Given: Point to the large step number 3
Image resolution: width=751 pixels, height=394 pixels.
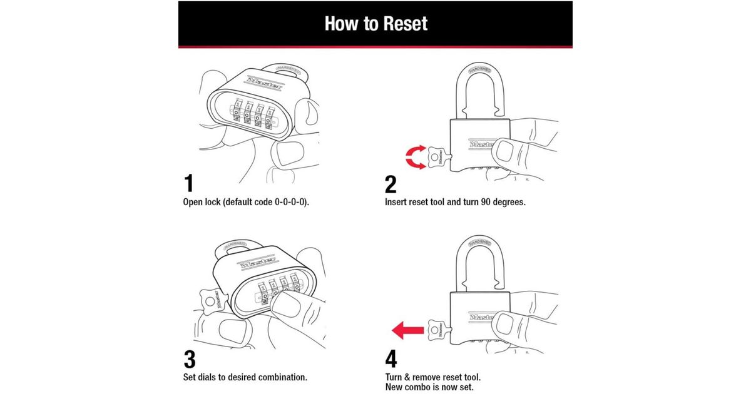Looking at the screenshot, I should (190, 360).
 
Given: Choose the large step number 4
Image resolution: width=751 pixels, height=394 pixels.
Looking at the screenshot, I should (391, 360).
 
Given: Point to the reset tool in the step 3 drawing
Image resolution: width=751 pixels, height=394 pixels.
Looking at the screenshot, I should (211, 299).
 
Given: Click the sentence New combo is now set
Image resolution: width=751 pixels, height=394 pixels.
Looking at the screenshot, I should (429, 388).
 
